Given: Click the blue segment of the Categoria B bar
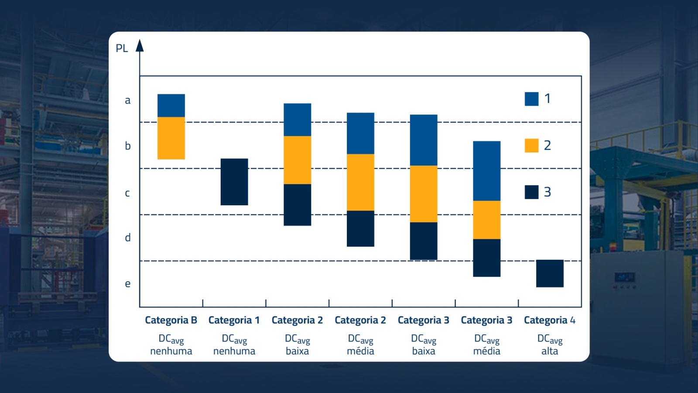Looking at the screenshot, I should coord(171,105).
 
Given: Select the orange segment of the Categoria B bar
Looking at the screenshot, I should coord(171,138).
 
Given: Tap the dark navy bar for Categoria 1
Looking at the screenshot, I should coord(234,182).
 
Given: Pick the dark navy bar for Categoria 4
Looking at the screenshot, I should coord(550,273).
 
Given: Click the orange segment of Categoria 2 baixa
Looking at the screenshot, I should coord(297,160).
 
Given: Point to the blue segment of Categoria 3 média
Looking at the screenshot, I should coord(486,171).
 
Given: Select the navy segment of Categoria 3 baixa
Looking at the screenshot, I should coord(423,241).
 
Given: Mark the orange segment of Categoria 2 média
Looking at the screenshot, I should coord(360,182).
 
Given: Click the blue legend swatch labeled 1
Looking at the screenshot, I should coord(531,99).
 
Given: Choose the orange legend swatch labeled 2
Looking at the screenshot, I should coord(531,145).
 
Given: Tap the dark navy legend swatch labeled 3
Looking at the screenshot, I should coord(531,192).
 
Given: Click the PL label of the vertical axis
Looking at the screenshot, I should coord(122,48).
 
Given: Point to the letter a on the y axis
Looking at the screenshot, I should coord(127,100).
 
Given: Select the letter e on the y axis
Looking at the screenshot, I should coord(127,284).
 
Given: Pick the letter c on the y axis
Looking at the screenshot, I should coord(127,193).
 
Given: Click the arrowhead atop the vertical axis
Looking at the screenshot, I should coord(140,45).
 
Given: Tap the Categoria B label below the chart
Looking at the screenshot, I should coord(171,320).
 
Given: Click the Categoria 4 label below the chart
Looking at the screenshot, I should coord(550,320).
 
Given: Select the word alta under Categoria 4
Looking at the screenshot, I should coord(550,351).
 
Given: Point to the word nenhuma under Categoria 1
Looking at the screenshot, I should coord(234,351).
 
